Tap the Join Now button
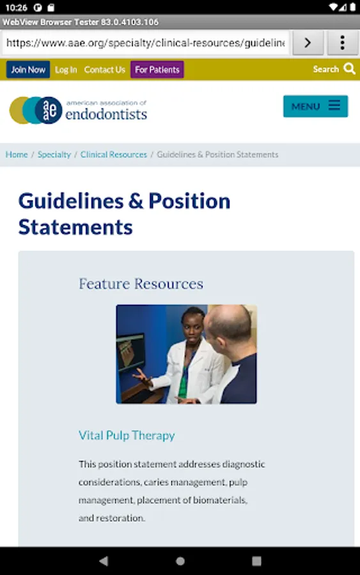tap(28, 70)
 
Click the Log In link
tap(66, 70)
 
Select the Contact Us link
tap(105, 70)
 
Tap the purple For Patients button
tap(157, 70)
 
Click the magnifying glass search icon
tap(349, 69)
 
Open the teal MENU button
tap(316, 106)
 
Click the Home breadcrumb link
tap(17, 155)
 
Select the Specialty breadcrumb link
tap(54, 155)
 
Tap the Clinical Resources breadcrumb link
tap(114, 155)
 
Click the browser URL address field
tap(146, 43)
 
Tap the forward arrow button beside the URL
tap(308, 43)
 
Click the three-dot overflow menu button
tap(342, 43)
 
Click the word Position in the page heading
tap(189, 201)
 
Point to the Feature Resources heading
tap(141, 284)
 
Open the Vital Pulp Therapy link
tap(127, 435)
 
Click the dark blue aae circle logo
tap(49, 110)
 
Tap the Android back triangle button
tap(104, 561)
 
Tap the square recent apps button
tap(256, 561)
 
